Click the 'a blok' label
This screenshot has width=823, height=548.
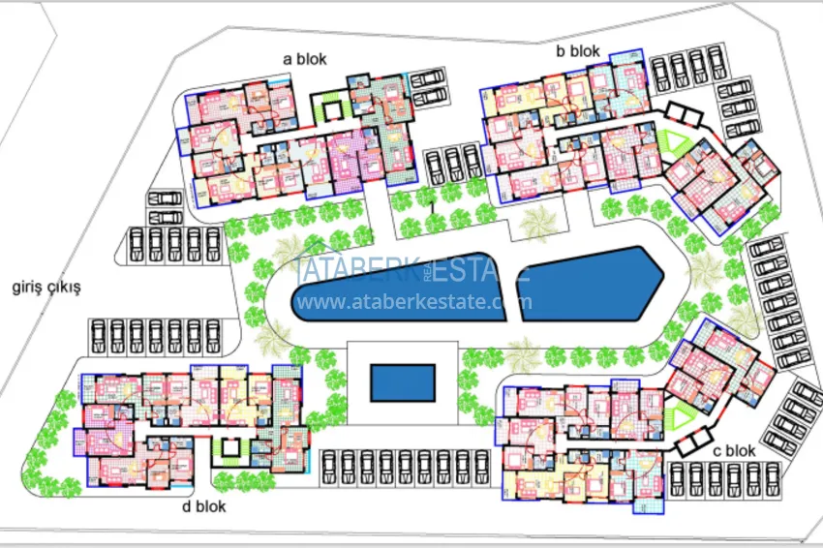[x=304, y=59]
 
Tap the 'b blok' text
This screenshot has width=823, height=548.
[x=578, y=51]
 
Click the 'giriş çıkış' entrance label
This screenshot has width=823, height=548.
[x=45, y=288]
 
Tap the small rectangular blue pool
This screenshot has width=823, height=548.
[x=401, y=381]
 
